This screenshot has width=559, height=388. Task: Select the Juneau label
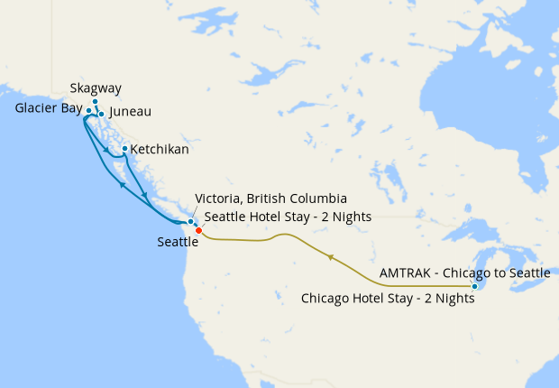tap(129, 112)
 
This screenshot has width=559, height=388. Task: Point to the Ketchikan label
tap(160, 149)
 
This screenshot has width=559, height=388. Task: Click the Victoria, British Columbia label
tap(270, 199)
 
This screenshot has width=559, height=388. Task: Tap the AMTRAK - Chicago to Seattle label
tap(464, 272)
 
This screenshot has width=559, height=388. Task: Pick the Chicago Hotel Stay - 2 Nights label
tap(388, 298)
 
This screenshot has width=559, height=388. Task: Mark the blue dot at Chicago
tap(475, 286)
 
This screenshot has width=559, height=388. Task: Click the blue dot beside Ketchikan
tap(124, 148)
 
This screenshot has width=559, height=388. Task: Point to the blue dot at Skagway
tap(95, 102)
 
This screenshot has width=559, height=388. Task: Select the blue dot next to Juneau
tap(101, 114)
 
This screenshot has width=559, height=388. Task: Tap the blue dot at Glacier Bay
tap(88, 110)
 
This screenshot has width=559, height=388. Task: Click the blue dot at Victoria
tap(190, 221)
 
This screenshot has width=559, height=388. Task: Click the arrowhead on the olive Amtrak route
tap(332, 258)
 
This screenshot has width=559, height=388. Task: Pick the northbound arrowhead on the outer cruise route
tap(121, 183)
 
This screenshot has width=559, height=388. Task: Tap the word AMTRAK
tap(408, 272)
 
